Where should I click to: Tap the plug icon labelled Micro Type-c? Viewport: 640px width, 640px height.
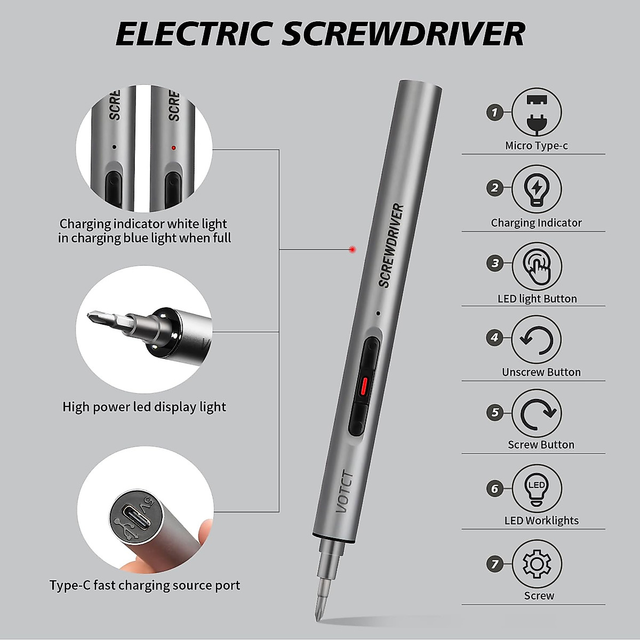(537, 114)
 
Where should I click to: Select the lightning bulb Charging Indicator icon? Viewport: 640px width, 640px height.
(537, 189)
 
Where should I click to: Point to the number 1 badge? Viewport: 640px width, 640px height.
(495, 113)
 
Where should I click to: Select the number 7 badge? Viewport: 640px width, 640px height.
(495, 564)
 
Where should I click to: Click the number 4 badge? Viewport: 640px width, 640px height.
(495, 338)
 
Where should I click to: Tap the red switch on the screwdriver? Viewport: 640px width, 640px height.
(364, 385)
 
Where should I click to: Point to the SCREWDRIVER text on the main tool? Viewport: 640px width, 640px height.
(391, 245)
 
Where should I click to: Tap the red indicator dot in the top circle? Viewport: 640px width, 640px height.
(173, 148)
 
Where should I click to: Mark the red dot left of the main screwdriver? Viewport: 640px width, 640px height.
(352, 249)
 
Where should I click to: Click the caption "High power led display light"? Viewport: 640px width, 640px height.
(144, 407)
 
